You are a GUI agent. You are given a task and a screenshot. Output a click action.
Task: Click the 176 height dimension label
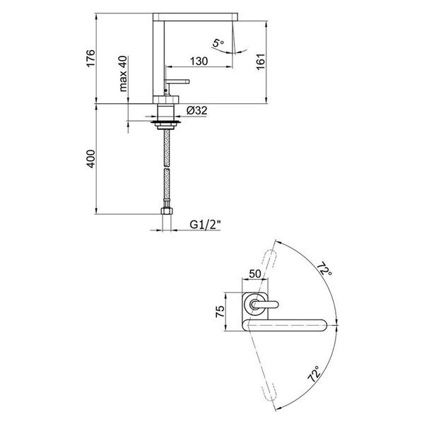pos(91,58)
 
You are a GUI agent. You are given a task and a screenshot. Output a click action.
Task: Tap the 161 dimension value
pos(261,61)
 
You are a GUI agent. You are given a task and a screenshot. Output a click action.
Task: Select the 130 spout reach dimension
pos(199,61)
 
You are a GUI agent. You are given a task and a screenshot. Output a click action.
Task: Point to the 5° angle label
pos(218,42)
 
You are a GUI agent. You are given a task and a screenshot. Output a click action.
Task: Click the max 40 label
pos(123,73)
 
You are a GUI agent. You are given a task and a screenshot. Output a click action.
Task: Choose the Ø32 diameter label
pos(197,110)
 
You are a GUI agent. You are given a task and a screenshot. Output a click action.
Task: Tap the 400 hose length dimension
pos(91,159)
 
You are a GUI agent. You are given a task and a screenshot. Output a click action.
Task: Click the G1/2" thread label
pos(205,225)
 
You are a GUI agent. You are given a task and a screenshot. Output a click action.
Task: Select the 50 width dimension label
pos(255,273)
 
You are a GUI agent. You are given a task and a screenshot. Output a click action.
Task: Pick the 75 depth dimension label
pos(220,311)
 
